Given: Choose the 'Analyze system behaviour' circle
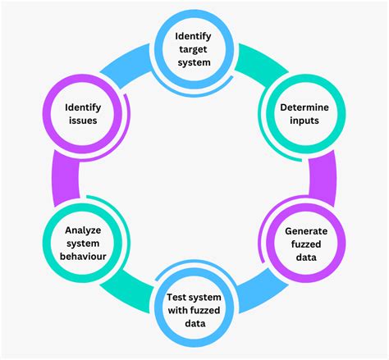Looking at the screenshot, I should [82, 243].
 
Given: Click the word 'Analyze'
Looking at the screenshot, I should [82, 230].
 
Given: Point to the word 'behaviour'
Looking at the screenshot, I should [82, 257].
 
